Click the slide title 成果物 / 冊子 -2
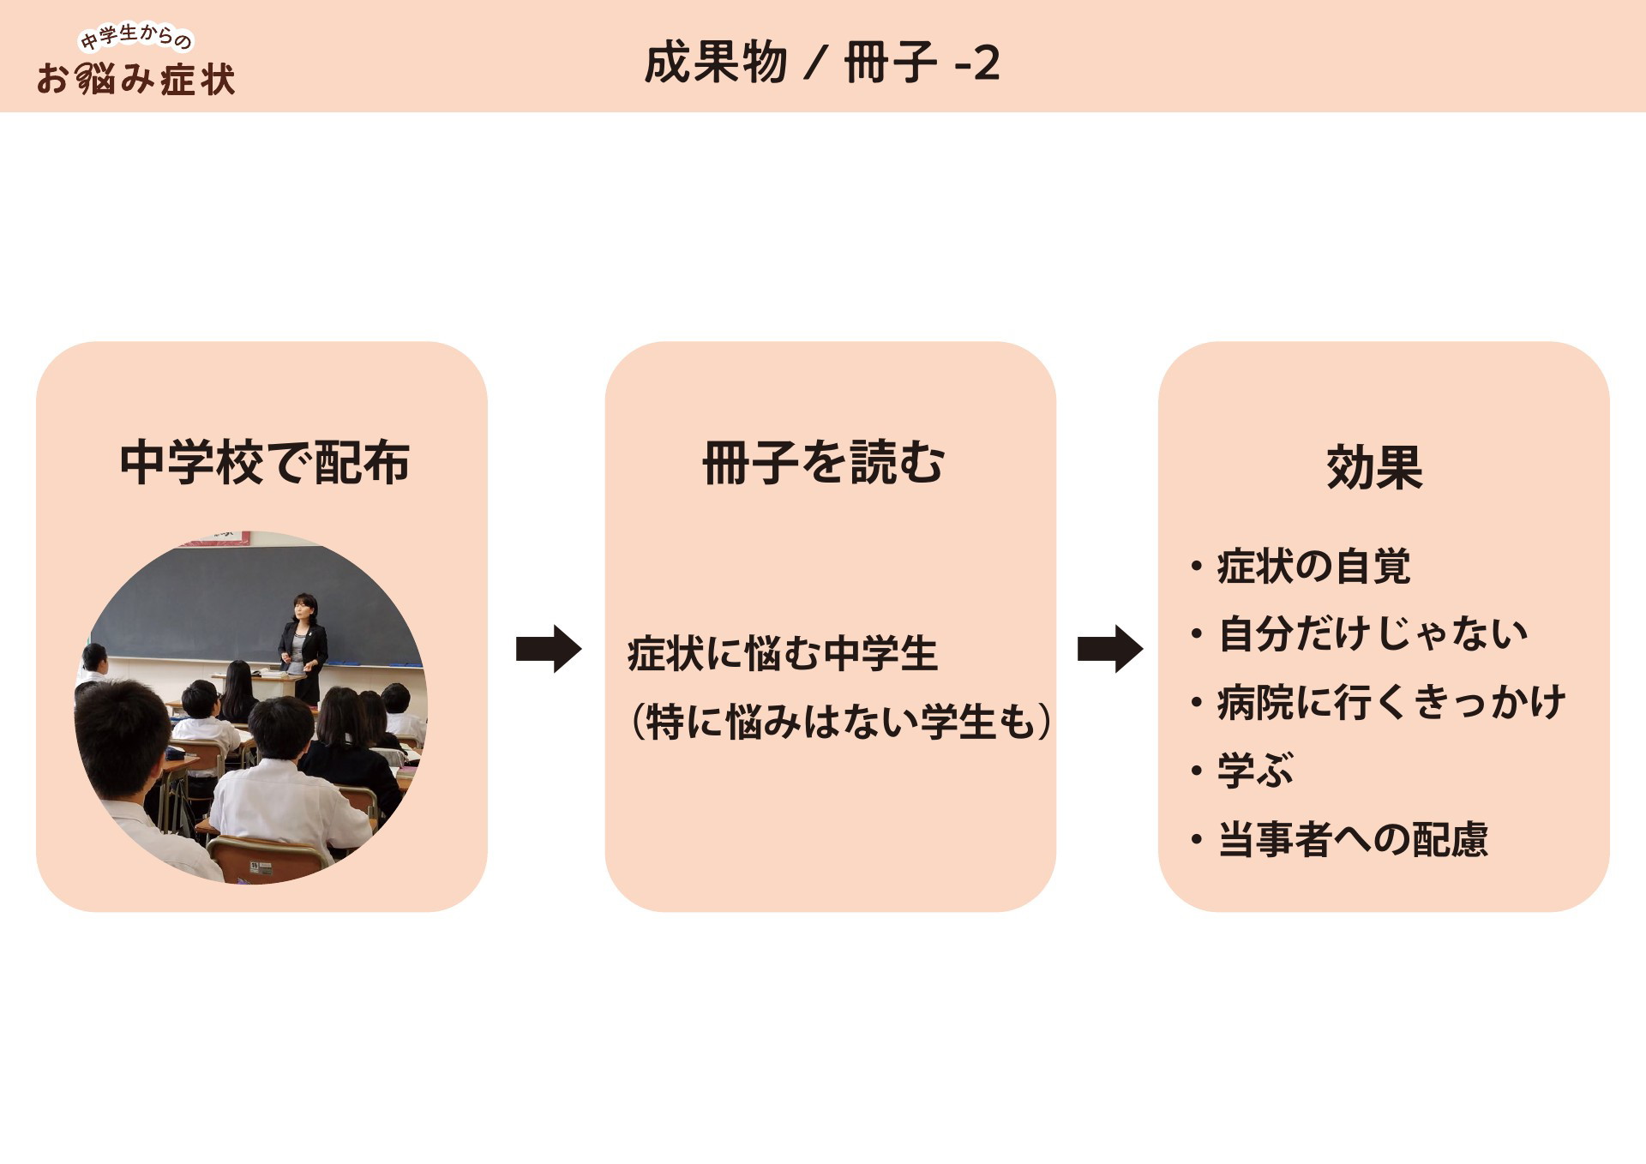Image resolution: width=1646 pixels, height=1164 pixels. pos(822,63)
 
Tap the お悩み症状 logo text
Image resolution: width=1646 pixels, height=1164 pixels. pos(136,79)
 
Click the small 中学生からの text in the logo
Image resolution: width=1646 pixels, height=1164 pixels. pos(136,37)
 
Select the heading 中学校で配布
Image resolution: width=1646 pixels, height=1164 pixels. pos(264,463)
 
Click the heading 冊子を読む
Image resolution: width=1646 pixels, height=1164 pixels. pos(823,463)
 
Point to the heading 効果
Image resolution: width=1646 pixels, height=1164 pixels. pos(1374,467)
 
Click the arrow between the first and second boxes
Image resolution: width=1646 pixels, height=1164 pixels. pos(549,649)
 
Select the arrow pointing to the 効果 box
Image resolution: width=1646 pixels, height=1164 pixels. pos(1110,649)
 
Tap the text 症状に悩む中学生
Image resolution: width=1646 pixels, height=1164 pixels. pos(782,654)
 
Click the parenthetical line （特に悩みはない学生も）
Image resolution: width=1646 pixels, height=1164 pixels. pos(841,721)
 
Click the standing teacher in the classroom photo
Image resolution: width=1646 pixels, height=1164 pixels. pos(303,647)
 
